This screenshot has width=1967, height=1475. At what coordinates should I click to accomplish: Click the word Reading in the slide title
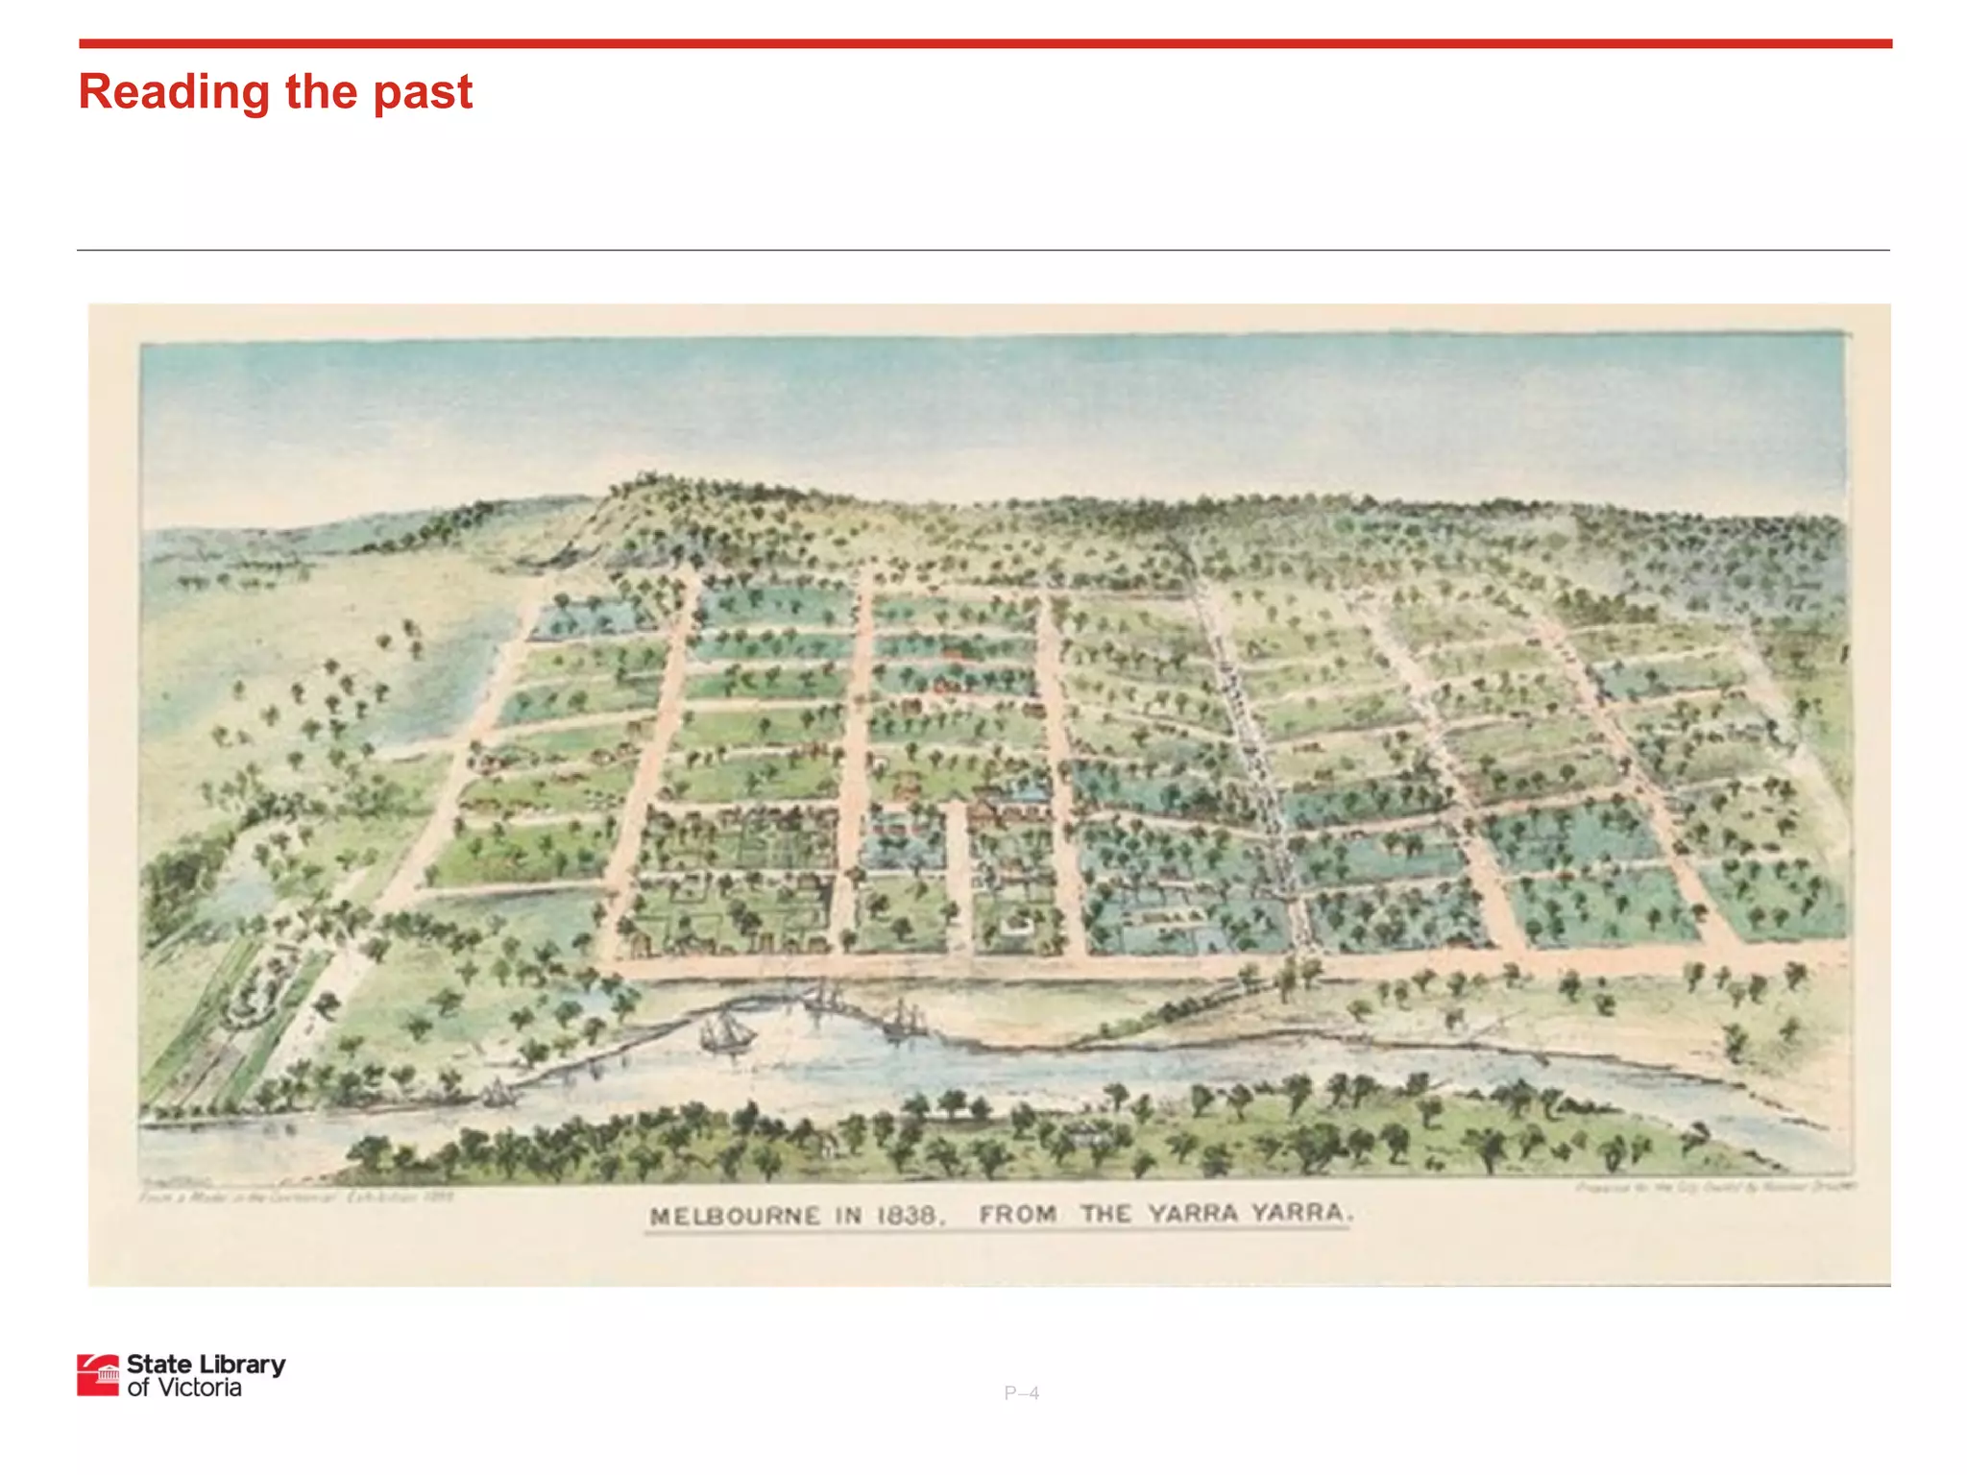(174, 93)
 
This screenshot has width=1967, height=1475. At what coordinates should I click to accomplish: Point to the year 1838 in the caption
(908, 1217)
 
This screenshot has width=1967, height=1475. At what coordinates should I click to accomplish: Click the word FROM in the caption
(1018, 1215)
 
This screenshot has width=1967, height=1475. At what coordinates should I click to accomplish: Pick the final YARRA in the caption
(1299, 1213)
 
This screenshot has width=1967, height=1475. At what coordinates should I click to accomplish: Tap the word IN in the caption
(848, 1217)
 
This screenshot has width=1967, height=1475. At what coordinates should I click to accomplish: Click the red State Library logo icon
(98, 1375)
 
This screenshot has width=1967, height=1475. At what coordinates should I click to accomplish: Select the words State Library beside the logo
(206, 1364)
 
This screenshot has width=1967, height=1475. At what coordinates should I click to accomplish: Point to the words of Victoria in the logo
(183, 1388)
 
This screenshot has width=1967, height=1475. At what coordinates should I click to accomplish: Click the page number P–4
(1021, 1392)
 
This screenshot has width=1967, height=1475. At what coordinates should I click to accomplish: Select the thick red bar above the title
(984, 43)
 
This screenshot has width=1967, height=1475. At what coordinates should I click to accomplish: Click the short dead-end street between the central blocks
(957, 874)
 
